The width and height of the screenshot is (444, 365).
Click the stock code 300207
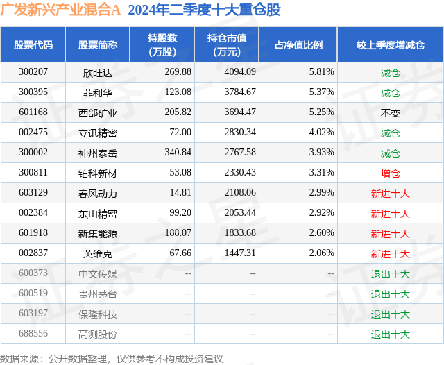[33, 72]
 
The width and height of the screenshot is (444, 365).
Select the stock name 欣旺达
[97, 72]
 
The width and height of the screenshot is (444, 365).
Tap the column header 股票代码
[33, 45]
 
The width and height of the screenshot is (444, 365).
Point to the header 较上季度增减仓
[390, 45]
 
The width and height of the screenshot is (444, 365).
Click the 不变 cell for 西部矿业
[390, 112]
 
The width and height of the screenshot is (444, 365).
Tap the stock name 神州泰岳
[97, 153]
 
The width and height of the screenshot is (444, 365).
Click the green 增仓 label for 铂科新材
[390, 173]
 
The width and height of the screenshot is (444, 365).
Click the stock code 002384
[33, 213]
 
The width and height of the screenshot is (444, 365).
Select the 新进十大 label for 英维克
[390, 253]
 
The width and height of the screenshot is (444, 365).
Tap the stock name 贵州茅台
[97, 294]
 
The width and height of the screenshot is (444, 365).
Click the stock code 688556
[33, 334]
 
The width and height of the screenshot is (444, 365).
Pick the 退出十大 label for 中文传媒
[390, 273]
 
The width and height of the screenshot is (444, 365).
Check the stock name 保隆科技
[97, 314]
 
